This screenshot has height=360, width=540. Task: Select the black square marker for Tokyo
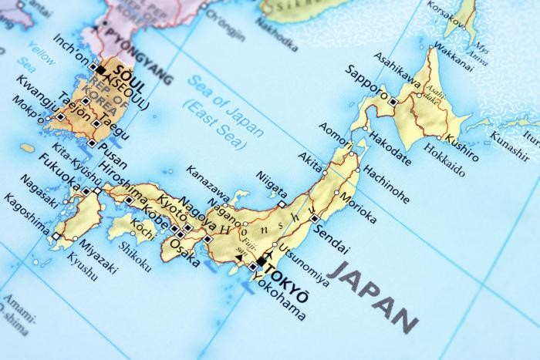(262, 261)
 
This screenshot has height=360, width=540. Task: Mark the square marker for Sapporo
(393, 102)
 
